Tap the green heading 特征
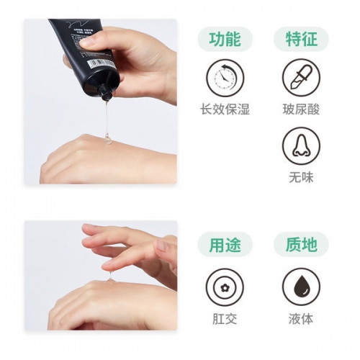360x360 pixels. [300, 39]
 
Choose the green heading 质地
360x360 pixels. [300, 246]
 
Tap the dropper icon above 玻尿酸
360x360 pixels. [300, 76]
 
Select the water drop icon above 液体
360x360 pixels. [300, 286]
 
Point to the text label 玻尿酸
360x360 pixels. [300, 109]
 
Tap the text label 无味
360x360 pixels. [300, 178]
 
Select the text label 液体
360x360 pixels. [300, 318]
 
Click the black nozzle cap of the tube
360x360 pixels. [107, 94]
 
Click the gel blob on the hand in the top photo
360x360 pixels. [107, 138]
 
